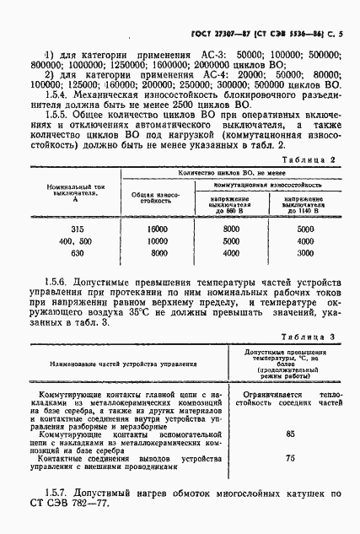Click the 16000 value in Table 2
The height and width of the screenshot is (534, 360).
[158, 229]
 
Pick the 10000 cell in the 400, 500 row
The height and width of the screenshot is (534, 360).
[158, 240]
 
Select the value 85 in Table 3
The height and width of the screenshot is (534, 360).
[290, 434]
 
